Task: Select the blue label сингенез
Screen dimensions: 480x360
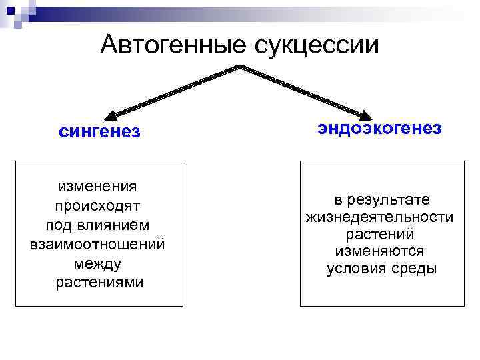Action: [x=99, y=132]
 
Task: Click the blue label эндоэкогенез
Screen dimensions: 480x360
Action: [x=379, y=128]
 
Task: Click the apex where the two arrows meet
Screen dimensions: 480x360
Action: [x=240, y=67]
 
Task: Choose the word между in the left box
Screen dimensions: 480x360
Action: [x=98, y=263]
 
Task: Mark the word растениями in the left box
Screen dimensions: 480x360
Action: [x=99, y=283]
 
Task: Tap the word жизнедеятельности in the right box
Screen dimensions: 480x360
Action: [x=379, y=217]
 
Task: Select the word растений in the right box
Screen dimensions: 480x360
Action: [x=380, y=235]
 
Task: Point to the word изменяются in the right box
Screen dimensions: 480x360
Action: [x=379, y=252]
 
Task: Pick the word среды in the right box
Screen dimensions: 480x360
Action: [x=417, y=269]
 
